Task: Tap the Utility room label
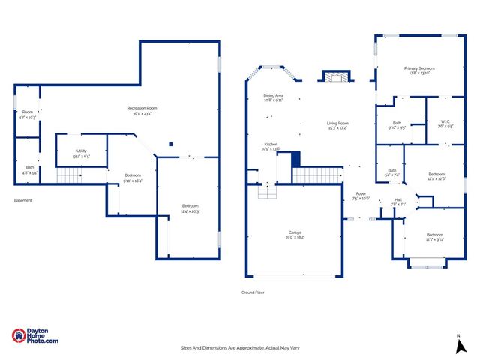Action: [x=82, y=154]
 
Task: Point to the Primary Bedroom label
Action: [x=419, y=70]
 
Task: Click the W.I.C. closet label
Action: [x=436, y=124]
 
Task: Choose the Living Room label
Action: [x=337, y=125]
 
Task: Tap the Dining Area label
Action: [x=273, y=97]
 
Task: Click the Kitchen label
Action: [x=271, y=146]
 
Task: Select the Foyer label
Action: [x=361, y=196]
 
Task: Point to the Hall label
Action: [x=397, y=202]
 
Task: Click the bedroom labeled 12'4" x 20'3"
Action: [x=190, y=208]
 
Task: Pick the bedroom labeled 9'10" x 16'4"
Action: [x=133, y=178]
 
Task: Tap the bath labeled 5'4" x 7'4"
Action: [x=392, y=172]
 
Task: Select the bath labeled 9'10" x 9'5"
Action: [x=397, y=125]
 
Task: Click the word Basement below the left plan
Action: [x=23, y=200]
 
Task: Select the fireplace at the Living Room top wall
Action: [x=335, y=76]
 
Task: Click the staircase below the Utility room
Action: [x=69, y=175]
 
